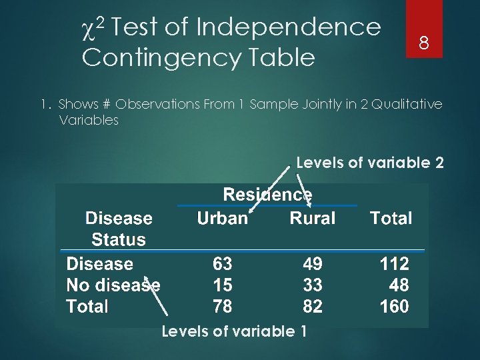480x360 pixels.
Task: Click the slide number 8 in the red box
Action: click(422, 44)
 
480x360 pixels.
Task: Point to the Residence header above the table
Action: click(267, 195)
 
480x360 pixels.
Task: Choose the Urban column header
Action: click(222, 219)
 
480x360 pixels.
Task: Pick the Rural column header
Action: click(312, 219)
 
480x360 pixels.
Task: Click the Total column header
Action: click(391, 219)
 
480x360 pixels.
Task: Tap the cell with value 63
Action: click(222, 264)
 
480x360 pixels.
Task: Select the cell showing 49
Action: click(312, 264)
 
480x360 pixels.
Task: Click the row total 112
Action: click(394, 264)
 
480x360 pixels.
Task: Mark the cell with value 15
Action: click(222, 285)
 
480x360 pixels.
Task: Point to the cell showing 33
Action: click(312, 285)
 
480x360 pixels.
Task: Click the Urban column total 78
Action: click(222, 307)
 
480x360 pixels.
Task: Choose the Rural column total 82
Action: click(312, 307)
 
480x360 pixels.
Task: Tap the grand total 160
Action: click(394, 307)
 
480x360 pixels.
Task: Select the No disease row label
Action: click(113, 285)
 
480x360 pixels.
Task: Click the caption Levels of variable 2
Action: click(369, 162)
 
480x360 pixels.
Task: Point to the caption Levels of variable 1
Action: click(234, 331)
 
